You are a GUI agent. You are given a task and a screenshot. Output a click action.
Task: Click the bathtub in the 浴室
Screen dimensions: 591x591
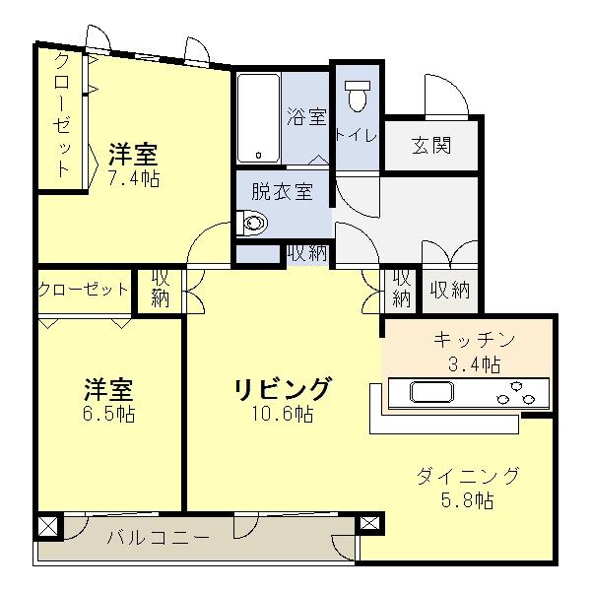pyautogui.click(x=259, y=117)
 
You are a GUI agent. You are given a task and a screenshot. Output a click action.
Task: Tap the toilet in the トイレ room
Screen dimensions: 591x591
pyautogui.click(x=356, y=95)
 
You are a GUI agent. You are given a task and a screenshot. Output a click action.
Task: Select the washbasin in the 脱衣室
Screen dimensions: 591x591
pyautogui.click(x=253, y=225)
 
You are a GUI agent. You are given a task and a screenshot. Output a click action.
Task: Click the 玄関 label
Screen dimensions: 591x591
pyautogui.click(x=431, y=146)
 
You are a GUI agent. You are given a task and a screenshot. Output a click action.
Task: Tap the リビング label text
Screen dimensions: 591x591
pyautogui.click(x=283, y=388)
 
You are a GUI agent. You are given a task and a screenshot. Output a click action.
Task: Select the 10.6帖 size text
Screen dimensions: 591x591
pyautogui.click(x=282, y=414)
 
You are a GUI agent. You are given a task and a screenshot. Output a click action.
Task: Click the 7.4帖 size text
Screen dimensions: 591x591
pyautogui.click(x=134, y=178)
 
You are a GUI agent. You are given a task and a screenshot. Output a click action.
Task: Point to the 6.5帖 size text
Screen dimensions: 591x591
pyautogui.click(x=108, y=414)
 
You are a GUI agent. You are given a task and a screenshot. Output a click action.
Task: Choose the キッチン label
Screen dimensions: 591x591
pyautogui.click(x=475, y=341)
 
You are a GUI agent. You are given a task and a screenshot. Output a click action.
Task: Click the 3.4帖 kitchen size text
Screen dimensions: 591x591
pyautogui.click(x=475, y=364)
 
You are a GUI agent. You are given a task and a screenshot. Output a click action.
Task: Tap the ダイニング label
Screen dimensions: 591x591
pyautogui.click(x=468, y=476)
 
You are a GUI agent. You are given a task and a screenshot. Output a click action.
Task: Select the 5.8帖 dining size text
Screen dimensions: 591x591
pyautogui.click(x=468, y=500)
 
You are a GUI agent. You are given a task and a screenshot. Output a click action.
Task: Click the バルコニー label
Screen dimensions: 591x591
pyautogui.click(x=158, y=537)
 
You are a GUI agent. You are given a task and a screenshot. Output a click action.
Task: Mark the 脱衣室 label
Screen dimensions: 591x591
pyautogui.click(x=282, y=191)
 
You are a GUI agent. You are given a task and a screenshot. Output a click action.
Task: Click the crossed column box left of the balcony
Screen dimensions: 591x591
pyautogui.click(x=46, y=526)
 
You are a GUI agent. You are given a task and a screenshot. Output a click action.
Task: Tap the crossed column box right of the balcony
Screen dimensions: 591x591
pyautogui.click(x=368, y=525)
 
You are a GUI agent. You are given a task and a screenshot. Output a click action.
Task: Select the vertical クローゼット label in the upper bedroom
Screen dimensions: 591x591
pyautogui.click(x=61, y=116)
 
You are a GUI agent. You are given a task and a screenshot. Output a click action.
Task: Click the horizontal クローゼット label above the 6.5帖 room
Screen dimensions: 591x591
pyautogui.click(x=84, y=290)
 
